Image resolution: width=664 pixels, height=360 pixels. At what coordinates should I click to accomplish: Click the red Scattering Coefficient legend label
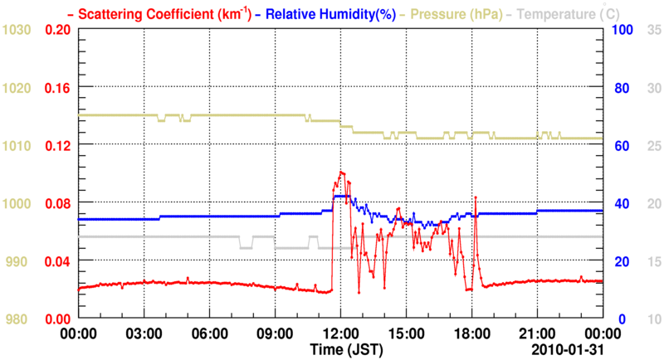point(164,13)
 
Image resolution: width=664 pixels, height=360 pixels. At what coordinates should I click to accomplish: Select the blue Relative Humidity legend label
point(320,13)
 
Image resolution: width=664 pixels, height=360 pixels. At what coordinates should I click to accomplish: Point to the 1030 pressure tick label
point(17,29)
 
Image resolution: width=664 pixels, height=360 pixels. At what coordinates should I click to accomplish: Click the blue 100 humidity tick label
point(623,29)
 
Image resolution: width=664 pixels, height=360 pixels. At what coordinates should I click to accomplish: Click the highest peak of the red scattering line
point(341,172)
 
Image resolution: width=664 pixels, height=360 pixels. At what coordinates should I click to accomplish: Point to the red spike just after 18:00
point(476,197)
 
